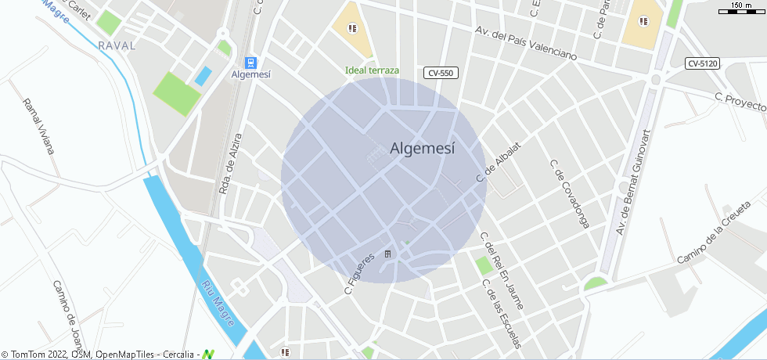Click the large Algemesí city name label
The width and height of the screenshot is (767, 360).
click(422, 149)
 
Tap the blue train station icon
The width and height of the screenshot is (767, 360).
click(250, 62)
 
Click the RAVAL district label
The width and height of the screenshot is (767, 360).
click(117, 46)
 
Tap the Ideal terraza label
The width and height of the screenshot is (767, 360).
click(373, 70)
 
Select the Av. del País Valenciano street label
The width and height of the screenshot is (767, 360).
click(526, 44)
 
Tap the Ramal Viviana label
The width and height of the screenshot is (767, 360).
click(39, 126)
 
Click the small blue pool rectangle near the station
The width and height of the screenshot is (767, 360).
click(203, 76)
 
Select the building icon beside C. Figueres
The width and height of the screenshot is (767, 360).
click(387, 254)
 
